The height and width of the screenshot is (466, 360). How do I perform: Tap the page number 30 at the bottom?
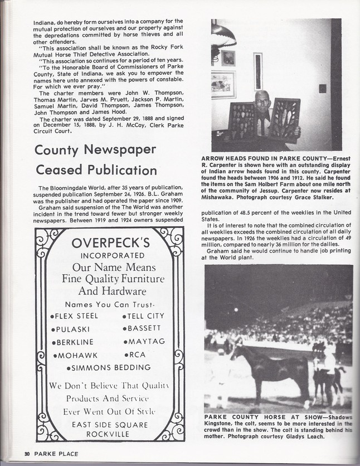(x=26, y=453)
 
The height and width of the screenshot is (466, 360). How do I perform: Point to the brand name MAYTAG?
(x=144, y=341)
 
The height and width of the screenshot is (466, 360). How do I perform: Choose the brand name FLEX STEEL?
(x=76, y=315)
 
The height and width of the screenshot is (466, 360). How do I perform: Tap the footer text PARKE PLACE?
(x=56, y=453)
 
